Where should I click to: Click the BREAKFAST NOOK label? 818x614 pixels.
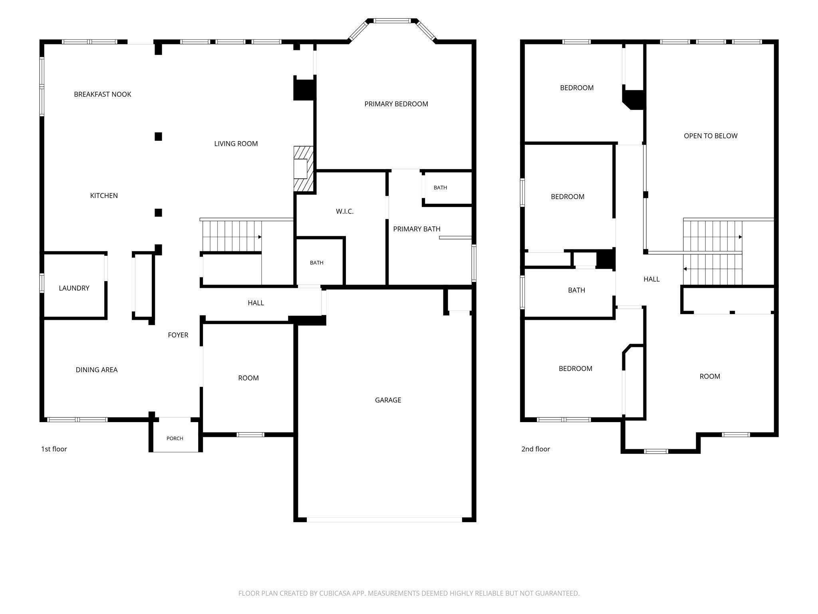[x=103, y=94]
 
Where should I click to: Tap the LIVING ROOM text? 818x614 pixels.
[x=236, y=144]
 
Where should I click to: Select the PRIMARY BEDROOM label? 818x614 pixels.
[x=396, y=104]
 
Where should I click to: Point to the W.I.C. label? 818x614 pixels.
[x=345, y=211]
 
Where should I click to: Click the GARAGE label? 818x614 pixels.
[x=388, y=400]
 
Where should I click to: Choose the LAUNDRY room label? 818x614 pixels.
[x=74, y=288]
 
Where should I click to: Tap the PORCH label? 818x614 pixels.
[x=175, y=439]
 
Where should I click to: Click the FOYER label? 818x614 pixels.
[x=178, y=335]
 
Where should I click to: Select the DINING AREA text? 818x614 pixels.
[x=97, y=370]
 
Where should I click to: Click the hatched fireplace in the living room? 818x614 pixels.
[x=303, y=169]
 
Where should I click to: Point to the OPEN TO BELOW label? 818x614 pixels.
[x=711, y=136]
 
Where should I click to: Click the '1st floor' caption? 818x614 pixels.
[x=54, y=449]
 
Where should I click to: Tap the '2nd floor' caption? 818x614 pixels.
[x=536, y=449]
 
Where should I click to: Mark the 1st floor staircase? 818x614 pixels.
[x=232, y=236]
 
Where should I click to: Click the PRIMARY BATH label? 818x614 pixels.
[x=417, y=229]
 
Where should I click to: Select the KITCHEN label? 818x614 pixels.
[x=104, y=196]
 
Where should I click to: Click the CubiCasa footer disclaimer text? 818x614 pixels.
[x=409, y=593]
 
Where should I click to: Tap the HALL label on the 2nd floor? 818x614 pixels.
[x=651, y=279]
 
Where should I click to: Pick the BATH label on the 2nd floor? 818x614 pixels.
[x=576, y=290]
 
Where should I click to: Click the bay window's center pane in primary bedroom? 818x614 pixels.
[x=392, y=21]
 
